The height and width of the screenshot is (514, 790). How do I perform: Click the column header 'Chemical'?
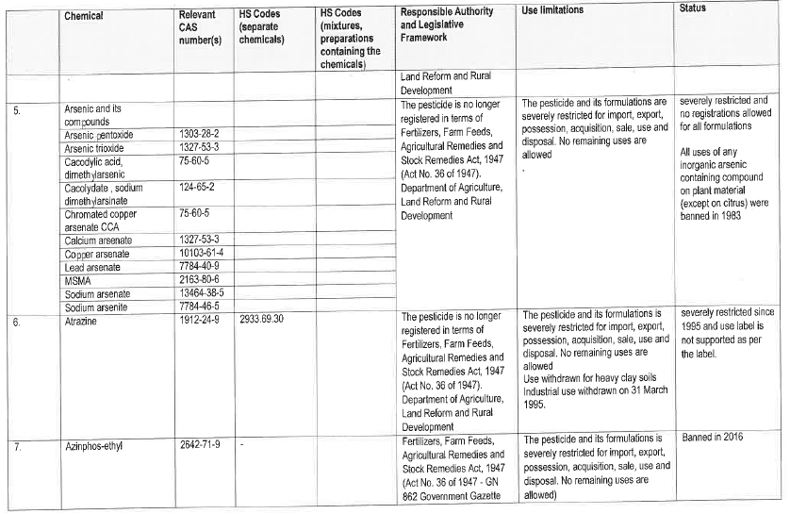coord(84,16)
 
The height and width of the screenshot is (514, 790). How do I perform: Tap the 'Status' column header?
coord(692,8)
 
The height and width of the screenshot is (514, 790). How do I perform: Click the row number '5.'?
coord(17,109)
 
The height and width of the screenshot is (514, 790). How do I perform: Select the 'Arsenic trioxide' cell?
coord(96,148)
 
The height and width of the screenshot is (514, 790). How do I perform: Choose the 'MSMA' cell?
coord(77,281)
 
